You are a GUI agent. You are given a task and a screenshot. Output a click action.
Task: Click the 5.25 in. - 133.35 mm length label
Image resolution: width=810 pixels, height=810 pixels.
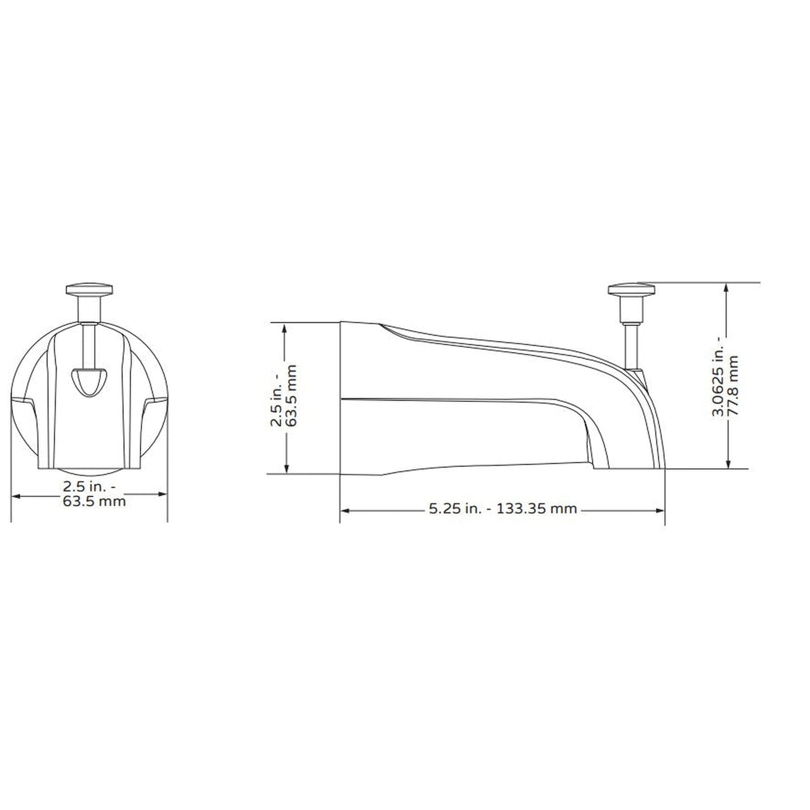[502, 509]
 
